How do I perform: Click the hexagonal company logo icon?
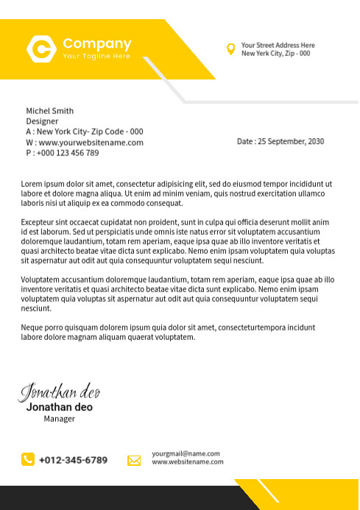41,49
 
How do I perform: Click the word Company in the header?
96,43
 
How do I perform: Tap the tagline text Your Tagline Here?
96,56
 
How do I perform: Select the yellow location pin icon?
231,49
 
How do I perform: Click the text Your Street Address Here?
278,45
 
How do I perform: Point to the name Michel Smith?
49,111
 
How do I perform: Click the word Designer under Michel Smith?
42,121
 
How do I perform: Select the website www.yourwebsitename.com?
91,142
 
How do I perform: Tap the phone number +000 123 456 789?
67,152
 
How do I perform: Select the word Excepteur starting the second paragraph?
38,222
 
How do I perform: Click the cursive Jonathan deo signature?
59,391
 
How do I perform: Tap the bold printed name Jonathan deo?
59,407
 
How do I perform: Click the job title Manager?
59,419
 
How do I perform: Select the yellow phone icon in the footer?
28,459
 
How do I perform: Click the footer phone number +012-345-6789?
73,460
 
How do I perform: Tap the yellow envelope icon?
134,461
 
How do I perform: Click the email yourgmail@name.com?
186,453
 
